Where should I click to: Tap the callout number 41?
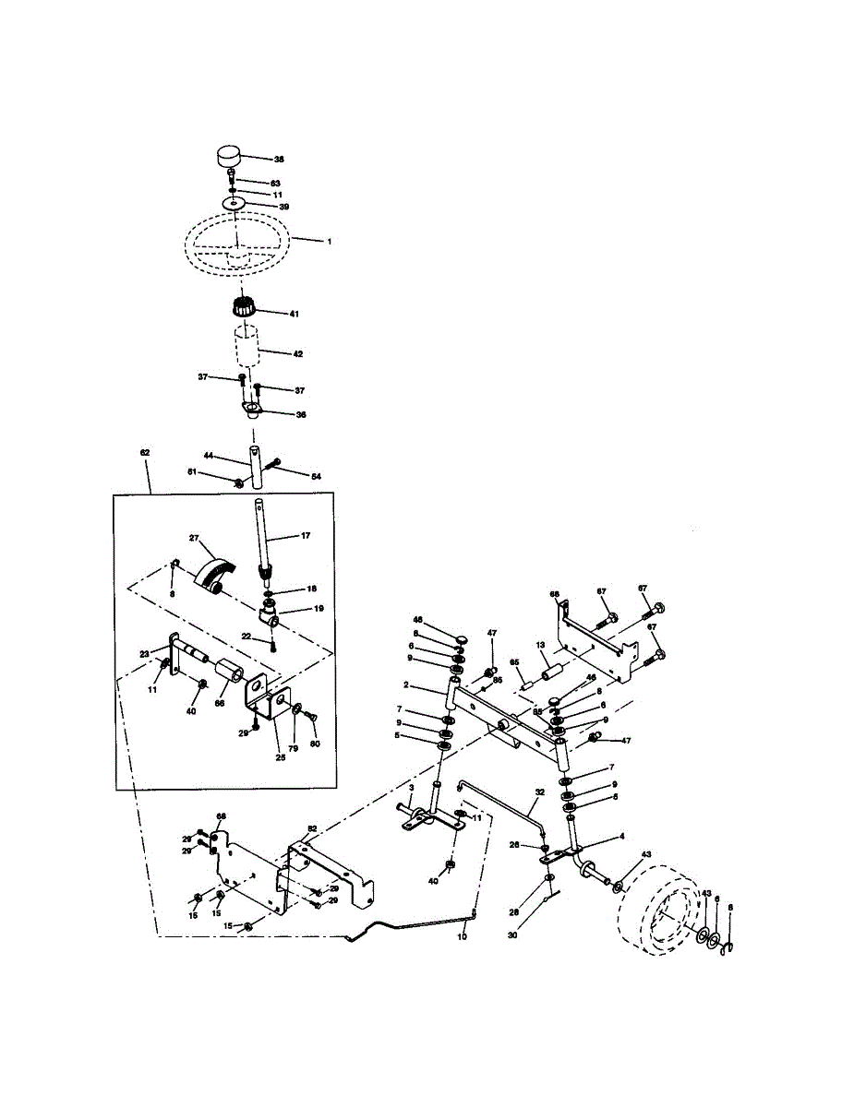point(295,315)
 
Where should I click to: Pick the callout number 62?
point(144,453)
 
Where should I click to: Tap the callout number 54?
point(315,476)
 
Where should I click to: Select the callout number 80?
point(315,743)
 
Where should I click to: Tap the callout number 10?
point(463,936)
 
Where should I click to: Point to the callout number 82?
point(312,829)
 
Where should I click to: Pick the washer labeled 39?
point(235,203)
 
